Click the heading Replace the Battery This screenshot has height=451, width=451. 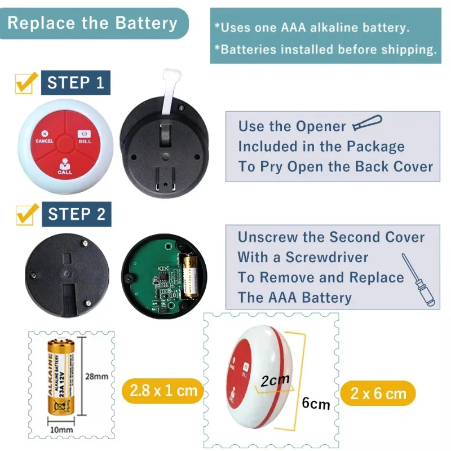[92, 24]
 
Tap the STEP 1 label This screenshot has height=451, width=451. [76, 83]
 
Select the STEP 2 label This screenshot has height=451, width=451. [76, 214]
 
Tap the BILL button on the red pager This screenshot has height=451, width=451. [85, 137]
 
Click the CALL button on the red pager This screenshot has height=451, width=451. [65, 167]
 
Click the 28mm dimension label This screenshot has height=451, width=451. [97, 376]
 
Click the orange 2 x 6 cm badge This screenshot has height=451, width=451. [378, 393]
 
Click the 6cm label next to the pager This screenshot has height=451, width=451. [316, 404]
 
